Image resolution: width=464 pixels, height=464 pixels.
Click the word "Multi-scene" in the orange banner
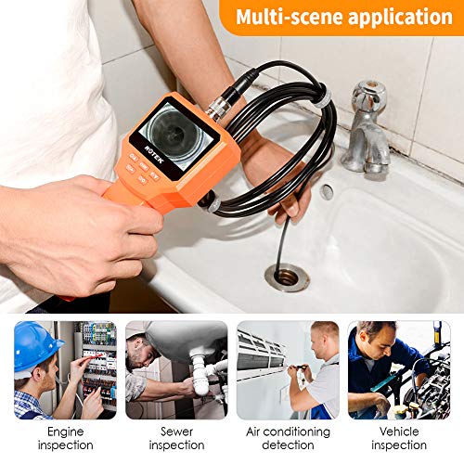tap(290, 17)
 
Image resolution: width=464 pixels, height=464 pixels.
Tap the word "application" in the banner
tap(401, 18)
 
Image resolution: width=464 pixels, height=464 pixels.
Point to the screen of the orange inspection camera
tap(174, 136)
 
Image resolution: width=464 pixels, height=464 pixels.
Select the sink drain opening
tap(287, 277)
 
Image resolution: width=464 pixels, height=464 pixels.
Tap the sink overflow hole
tap(327, 192)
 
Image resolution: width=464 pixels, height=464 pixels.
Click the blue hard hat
tap(34, 345)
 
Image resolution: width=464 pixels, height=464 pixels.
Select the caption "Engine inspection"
tap(66, 438)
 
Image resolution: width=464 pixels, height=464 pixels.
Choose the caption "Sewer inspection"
tap(176, 438)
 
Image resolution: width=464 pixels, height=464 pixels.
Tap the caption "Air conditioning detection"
tap(288, 438)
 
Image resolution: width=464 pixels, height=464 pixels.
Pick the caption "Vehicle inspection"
tap(399, 438)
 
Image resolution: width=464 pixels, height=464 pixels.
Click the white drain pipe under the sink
tap(204, 373)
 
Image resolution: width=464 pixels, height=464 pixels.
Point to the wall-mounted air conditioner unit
tap(262, 353)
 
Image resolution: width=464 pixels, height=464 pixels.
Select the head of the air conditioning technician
tap(325, 339)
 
